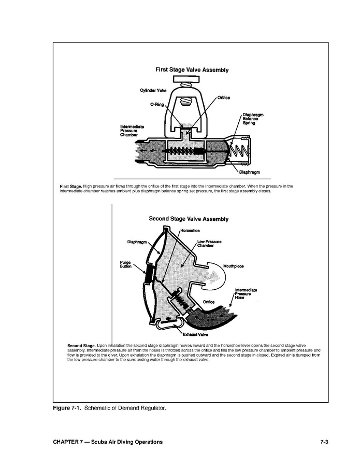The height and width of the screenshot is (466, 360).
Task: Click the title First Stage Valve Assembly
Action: click(x=192, y=69)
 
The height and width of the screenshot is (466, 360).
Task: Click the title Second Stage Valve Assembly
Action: click(x=189, y=219)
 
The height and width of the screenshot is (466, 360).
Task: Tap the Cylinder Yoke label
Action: click(x=153, y=91)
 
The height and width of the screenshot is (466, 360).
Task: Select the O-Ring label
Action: click(x=156, y=104)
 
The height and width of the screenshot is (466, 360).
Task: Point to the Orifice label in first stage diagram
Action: click(x=223, y=97)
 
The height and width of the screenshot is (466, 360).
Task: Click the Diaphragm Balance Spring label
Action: click(x=253, y=119)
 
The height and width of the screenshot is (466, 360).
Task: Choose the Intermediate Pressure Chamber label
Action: click(x=132, y=131)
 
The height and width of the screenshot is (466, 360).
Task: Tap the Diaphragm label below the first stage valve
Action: click(x=249, y=172)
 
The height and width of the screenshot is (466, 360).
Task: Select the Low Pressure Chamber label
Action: click(x=209, y=244)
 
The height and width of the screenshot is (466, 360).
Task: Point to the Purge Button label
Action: click(x=125, y=264)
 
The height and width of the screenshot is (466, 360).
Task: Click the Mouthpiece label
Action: click(x=233, y=266)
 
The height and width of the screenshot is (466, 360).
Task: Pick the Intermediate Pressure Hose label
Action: click(x=246, y=294)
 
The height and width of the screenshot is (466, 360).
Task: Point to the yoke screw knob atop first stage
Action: click(x=188, y=79)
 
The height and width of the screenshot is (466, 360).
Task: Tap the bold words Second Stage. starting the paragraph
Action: click(x=81, y=345)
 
